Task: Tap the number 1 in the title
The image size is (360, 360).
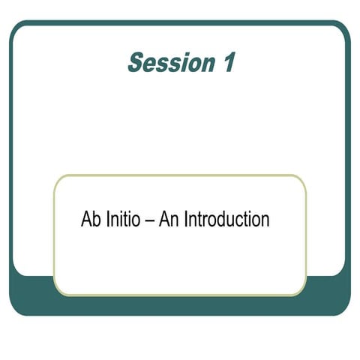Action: click(x=227, y=63)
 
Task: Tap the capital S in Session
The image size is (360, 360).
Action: click(x=136, y=63)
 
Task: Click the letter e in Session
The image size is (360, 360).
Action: click(x=150, y=65)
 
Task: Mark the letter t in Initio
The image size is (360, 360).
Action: click(x=128, y=220)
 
